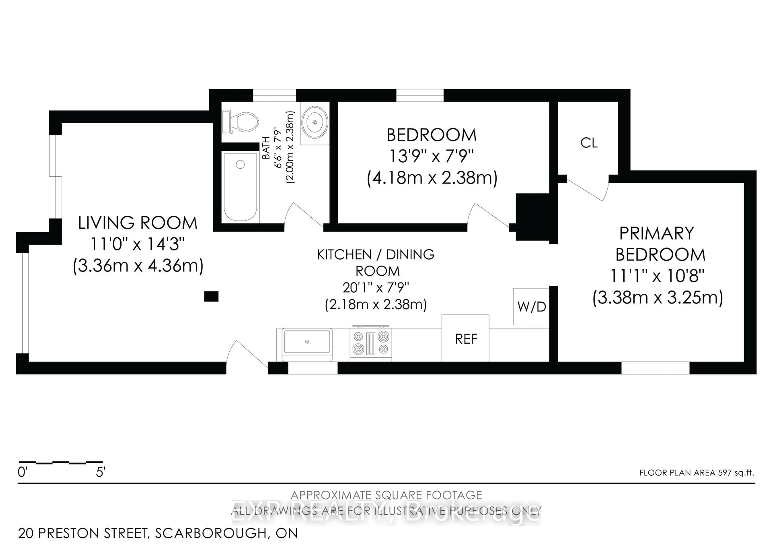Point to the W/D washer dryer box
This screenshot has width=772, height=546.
pyautogui.click(x=531, y=306)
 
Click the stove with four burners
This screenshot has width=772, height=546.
pyautogui.click(x=371, y=344)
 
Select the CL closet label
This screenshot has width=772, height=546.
pyautogui.click(x=589, y=143)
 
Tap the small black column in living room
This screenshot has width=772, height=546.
pyautogui.click(x=211, y=296)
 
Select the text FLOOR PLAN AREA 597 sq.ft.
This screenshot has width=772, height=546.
pyautogui.click(x=696, y=473)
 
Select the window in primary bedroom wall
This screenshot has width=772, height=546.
pyautogui.click(x=655, y=368)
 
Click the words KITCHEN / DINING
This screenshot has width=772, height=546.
pyautogui.click(x=376, y=255)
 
